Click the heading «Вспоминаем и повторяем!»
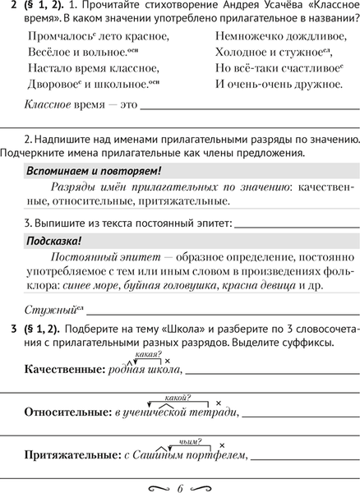(x=94, y=171)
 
